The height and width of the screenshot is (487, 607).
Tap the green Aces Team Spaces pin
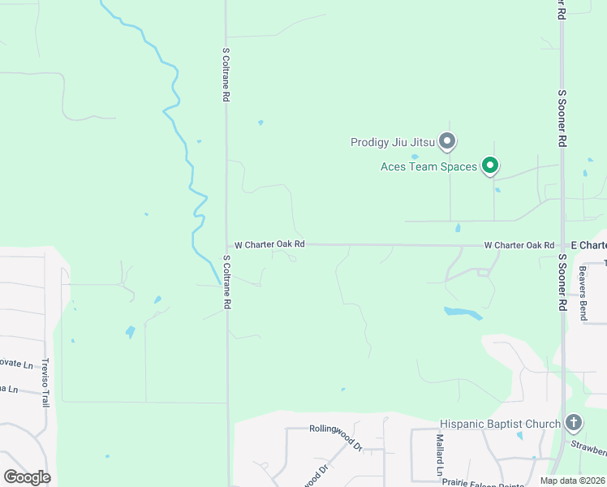point(490,166)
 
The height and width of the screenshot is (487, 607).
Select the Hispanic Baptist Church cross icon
point(574,422)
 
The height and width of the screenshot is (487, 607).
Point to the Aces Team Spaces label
point(428,167)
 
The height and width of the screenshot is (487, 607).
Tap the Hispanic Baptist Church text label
point(500,424)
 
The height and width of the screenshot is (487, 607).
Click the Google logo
point(27,477)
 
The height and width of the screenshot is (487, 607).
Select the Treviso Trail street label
point(46,382)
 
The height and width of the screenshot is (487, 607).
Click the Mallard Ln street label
point(439,455)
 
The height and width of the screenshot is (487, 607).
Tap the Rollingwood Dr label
point(335,435)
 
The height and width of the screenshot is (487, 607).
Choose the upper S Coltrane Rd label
point(226,73)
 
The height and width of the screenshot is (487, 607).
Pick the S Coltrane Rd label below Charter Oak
point(226,282)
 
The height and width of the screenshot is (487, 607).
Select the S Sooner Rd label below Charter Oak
point(561,282)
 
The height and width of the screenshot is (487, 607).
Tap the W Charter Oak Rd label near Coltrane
point(269,244)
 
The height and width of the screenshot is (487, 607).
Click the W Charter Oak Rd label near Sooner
point(519,245)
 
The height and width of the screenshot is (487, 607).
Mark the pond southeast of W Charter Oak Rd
point(463,312)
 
